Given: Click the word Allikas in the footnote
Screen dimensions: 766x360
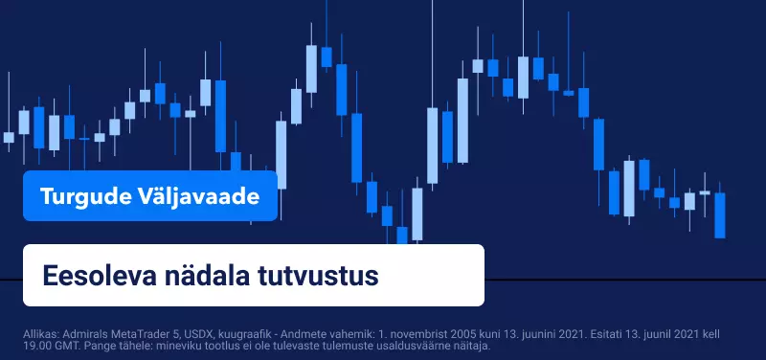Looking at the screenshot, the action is click(x=38, y=335).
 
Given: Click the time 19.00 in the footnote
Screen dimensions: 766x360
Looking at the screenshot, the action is click(x=34, y=347).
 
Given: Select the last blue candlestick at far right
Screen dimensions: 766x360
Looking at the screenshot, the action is click(x=720, y=214).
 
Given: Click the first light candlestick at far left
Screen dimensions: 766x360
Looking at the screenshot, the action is click(x=9, y=137).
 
